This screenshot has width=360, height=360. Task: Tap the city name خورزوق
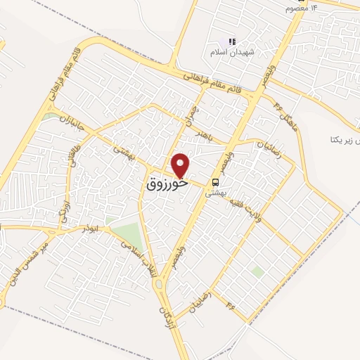click(167, 185)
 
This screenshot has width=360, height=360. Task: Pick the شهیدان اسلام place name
click(229, 52)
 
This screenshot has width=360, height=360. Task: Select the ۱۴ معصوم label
click(301, 7)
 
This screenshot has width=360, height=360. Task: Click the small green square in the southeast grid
click(258, 271)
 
